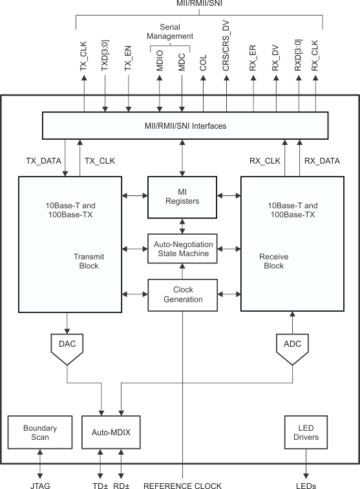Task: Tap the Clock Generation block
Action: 182,294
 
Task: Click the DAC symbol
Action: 67,345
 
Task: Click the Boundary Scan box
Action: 40,432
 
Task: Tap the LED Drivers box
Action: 306,432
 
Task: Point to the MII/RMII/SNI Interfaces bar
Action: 182,125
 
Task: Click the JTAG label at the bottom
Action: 40,484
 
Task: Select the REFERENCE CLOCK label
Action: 182,484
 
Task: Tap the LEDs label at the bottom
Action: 306,484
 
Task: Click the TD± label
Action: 100,484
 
